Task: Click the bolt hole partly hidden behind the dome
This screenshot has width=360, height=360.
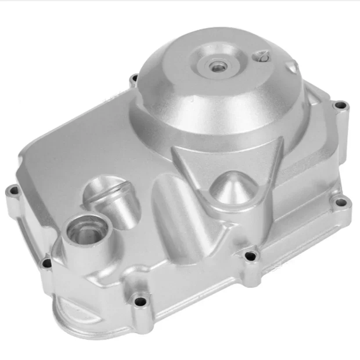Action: tap(133, 79)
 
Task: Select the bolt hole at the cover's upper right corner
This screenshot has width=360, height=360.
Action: tap(339, 105)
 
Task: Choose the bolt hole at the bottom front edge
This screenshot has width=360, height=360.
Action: tap(140, 302)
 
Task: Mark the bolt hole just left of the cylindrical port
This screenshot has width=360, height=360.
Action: tap(46, 264)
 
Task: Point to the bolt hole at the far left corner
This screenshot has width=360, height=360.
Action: tap(13, 191)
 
